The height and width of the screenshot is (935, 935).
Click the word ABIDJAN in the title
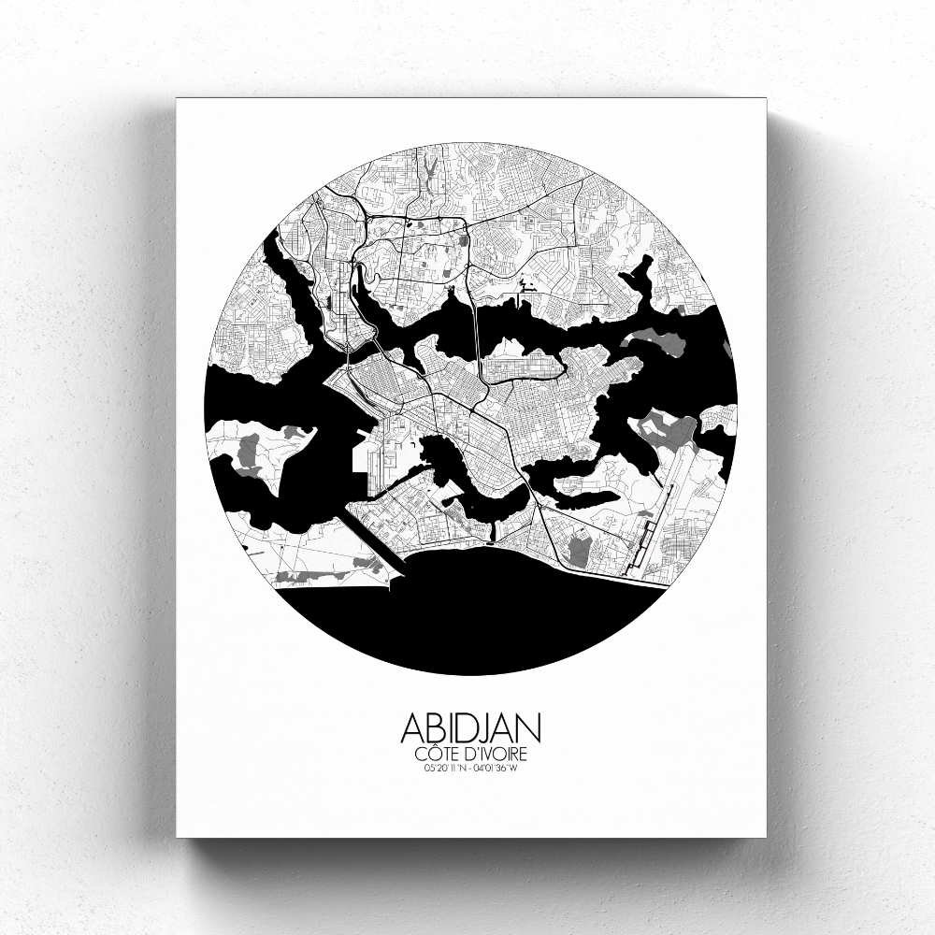470,728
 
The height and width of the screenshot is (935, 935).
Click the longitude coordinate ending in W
496,769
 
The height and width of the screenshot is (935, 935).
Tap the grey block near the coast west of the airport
579,547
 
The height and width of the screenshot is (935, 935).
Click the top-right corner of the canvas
765,99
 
